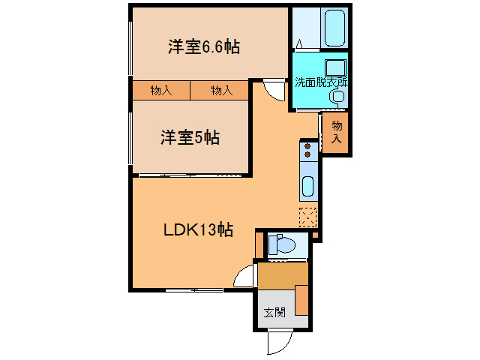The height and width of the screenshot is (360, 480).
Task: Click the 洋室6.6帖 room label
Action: [x=203, y=47]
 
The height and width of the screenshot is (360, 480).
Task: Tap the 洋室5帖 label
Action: [x=189, y=138]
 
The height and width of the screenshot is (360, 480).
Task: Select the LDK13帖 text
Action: [x=198, y=230]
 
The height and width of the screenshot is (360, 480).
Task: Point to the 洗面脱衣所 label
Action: [x=320, y=82]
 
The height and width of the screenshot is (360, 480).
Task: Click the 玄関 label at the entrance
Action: [x=274, y=313]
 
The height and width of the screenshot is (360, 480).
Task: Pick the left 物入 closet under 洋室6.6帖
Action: [x=160, y=91]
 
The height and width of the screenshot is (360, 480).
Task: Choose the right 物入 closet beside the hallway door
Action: [x=220, y=91]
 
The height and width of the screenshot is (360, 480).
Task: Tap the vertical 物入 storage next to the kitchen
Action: [x=337, y=132]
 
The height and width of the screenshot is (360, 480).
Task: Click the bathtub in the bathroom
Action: [x=334, y=28]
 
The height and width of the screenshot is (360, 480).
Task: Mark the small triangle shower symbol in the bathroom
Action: [x=299, y=42]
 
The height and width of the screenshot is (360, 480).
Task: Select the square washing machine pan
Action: [x=334, y=66]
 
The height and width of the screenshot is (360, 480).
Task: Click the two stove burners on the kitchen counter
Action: [x=307, y=151]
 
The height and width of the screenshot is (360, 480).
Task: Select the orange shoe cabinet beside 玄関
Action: [x=301, y=300]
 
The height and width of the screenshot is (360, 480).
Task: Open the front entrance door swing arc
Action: [x=277, y=342]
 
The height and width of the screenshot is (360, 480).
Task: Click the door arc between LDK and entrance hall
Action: [x=244, y=277]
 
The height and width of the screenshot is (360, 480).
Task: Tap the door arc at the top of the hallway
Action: [x=273, y=90]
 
